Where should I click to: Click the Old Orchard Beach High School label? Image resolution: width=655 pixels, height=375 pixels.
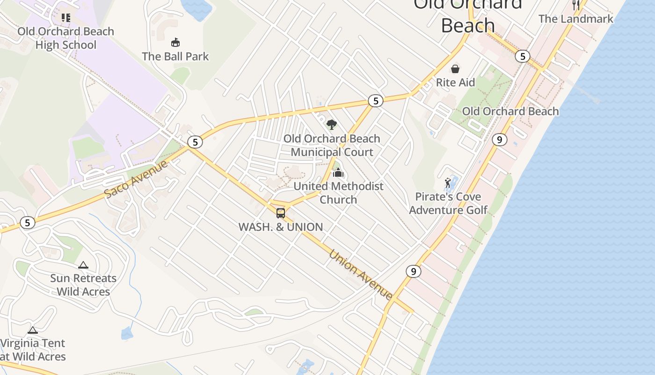pyautogui.click(x=66, y=38)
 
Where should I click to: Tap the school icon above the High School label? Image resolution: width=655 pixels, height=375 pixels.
pyautogui.click(x=66, y=18)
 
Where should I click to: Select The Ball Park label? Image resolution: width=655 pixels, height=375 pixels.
pyautogui.click(x=175, y=56)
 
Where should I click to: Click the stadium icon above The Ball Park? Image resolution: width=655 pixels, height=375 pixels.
pyautogui.click(x=175, y=43)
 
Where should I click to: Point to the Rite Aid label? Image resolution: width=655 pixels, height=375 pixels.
pyautogui.click(x=455, y=82)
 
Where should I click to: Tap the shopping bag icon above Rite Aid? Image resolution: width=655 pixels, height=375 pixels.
pyautogui.click(x=455, y=69)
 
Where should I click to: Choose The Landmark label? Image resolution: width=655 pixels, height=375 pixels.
pyautogui.click(x=576, y=19)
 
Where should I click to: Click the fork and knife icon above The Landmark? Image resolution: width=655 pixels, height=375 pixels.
pyautogui.click(x=576, y=5)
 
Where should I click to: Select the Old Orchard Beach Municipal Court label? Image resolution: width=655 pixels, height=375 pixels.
pyautogui.click(x=332, y=145)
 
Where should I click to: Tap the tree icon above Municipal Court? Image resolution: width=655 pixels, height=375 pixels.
pyautogui.click(x=332, y=125)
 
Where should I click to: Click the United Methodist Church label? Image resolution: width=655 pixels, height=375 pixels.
pyautogui.click(x=338, y=193)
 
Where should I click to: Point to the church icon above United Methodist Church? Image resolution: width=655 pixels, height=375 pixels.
pyautogui.click(x=338, y=173)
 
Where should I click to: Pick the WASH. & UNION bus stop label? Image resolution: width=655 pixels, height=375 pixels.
pyautogui.click(x=281, y=227)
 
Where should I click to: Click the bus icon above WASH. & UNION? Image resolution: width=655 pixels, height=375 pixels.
pyautogui.click(x=281, y=213)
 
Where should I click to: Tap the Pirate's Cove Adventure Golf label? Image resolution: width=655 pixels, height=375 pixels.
pyautogui.click(x=448, y=203)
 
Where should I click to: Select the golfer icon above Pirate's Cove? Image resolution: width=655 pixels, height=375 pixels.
pyautogui.click(x=448, y=183)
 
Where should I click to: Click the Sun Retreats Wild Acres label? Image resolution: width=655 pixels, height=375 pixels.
pyautogui.click(x=83, y=285)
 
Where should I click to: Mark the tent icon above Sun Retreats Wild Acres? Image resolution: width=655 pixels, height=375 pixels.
pyautogui.click(x=83, y=265)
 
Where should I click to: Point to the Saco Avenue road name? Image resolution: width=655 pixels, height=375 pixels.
pyautogui.click(x=136, y=179)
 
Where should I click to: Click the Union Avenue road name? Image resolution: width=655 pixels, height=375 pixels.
pyautogui.click(x=361, y=275)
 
